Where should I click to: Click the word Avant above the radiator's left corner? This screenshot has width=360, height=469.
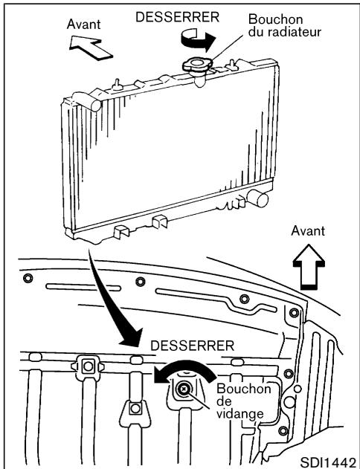(x=83, y=25)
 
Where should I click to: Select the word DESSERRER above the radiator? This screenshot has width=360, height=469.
(x=176, y=15)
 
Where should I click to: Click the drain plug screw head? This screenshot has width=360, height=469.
(x=183, y=387)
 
